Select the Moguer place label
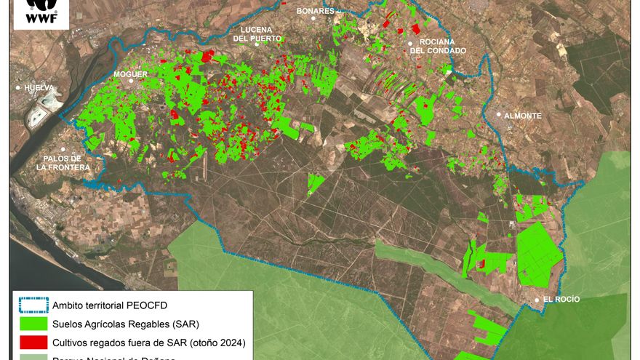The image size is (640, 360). (130, 74)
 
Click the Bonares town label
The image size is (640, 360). (316, 11)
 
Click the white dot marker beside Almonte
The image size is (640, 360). (499, 115)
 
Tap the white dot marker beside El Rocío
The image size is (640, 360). (537, 300)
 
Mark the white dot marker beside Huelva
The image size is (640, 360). (19, 88)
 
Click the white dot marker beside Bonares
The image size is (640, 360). (313, 18)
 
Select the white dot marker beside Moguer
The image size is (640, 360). (131, 81)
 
